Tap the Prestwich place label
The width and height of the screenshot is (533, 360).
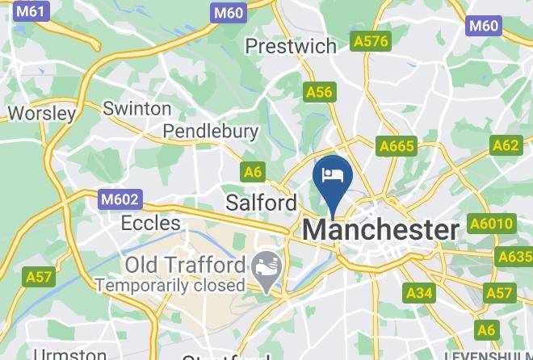[x=291, y=46]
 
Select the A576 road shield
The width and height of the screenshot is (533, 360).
[x=371, y=40]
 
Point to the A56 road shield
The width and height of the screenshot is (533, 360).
[x=320, y=92]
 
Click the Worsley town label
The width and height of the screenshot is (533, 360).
[x=41, y=113]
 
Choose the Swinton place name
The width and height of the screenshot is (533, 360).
[x=137, y=108]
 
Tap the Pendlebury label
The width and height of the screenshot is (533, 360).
[x=211, y=131]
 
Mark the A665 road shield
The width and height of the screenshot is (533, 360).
[x=397, y=146]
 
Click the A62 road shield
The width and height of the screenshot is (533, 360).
[x=506, y=145]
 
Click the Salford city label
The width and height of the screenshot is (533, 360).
[x=262, y=201]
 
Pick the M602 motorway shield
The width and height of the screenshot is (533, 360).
[x=120, y=199]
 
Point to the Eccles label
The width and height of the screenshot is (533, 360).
[x=150, y=223]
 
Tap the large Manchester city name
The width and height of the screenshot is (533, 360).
[x=380, y=230]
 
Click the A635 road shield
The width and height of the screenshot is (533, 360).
[x=515, y=257]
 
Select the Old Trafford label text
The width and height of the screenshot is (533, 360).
[x=185, y=265]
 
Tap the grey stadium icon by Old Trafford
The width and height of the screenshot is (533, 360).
[x=265, y=266]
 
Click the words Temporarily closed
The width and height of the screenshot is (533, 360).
[x=170, y=285]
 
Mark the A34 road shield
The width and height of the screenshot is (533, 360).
[x=419, y=292]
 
